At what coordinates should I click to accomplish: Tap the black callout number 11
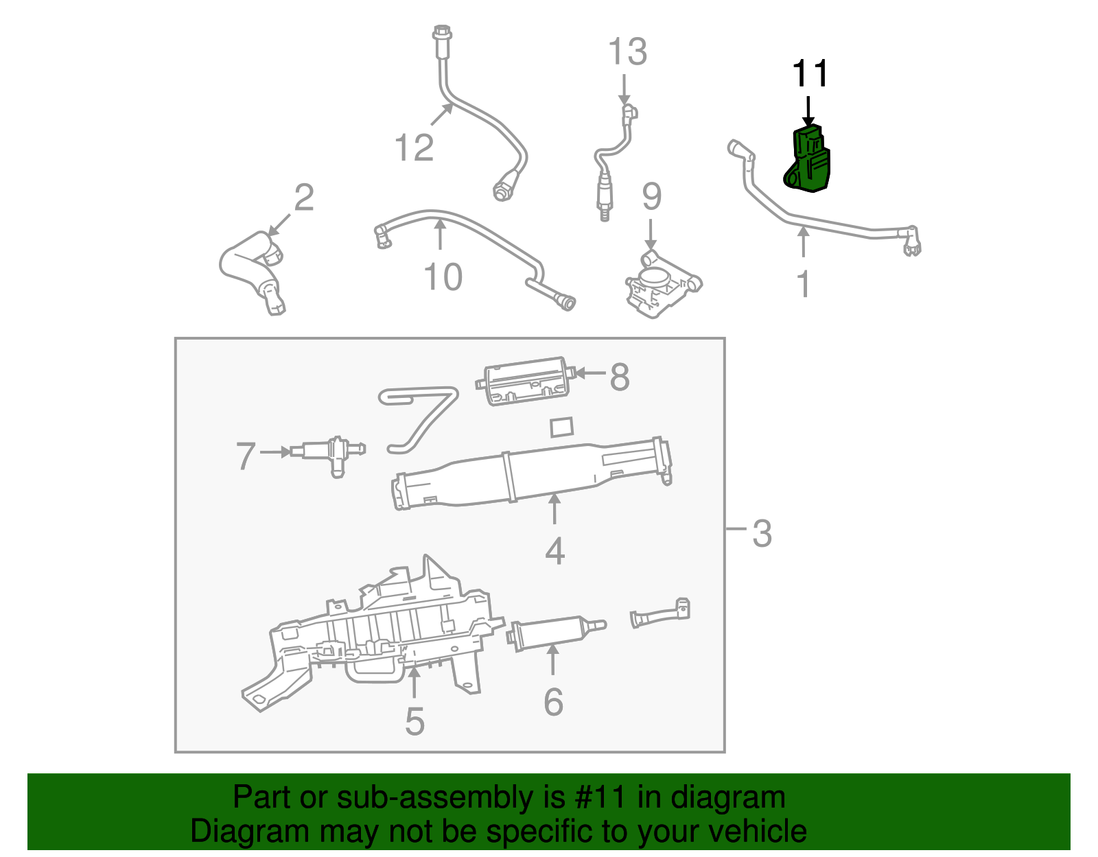[x=810, y=73]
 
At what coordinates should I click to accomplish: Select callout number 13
[x=627, y=52]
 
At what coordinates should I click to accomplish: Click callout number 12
[x=414, y=148]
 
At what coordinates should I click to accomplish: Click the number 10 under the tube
[x=443, y=277]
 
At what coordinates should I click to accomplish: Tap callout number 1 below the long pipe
[x=804, y=284]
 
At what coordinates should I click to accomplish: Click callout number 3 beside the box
[x=762, y=533]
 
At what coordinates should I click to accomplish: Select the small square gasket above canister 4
[x=562, y=426]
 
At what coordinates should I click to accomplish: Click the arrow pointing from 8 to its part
[x=590, y=373]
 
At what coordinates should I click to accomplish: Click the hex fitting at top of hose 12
[x=441, y=33]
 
